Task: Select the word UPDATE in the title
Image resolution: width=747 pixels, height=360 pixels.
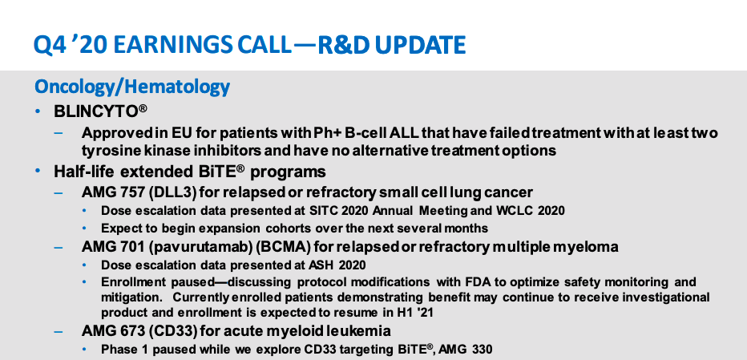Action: point(420,45)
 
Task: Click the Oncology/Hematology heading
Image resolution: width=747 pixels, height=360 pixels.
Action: point(132,87)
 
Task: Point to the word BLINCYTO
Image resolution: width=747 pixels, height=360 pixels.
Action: point(96,111)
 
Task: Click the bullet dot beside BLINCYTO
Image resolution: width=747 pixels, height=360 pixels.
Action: point(38,111)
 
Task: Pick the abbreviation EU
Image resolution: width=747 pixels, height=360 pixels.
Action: point(167,132)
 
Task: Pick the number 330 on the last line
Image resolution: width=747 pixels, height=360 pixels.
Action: point(483,349)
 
